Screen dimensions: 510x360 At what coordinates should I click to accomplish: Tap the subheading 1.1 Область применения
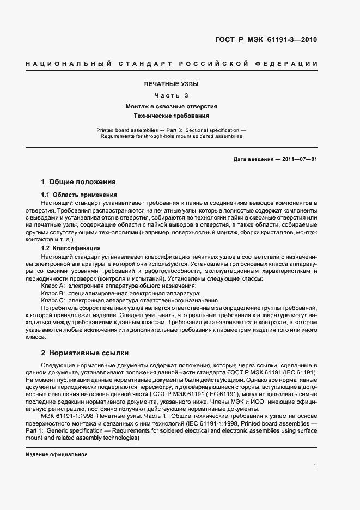(79, 195)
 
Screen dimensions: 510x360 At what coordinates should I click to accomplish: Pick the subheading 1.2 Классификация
(71, 248)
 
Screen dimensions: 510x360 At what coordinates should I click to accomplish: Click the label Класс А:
(53, 286)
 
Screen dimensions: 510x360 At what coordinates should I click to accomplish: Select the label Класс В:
(53, 293)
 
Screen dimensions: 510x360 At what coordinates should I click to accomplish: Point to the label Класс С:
(53, 300)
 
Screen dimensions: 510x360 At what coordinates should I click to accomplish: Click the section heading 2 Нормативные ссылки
(85, 353)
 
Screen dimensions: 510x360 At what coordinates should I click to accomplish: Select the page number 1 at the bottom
(315, 465)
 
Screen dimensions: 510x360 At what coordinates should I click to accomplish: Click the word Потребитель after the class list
(58, 308)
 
